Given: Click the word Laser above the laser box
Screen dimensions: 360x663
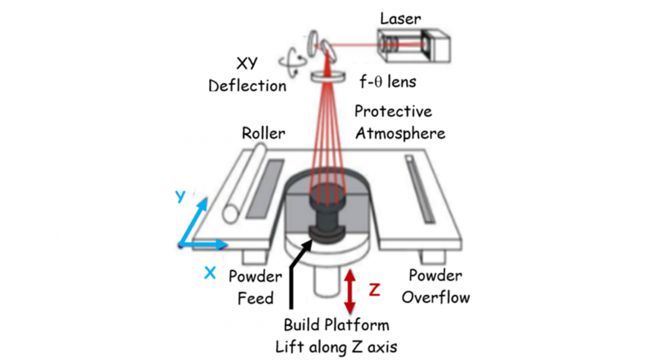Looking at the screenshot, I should (400, 19).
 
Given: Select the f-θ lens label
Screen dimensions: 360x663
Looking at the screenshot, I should (389, 81).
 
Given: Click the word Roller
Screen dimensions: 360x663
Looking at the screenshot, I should (264, 133).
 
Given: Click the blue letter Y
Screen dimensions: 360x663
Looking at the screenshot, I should (180, 196).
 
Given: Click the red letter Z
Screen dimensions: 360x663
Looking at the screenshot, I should (374, 290).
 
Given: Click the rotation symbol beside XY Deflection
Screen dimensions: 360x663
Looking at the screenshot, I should (292, 60).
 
